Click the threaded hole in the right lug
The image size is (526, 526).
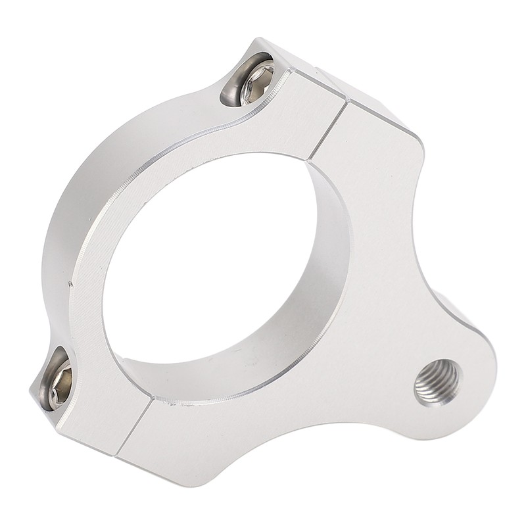(x=437, y=382)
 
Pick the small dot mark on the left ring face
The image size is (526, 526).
(x=70, y=284)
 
